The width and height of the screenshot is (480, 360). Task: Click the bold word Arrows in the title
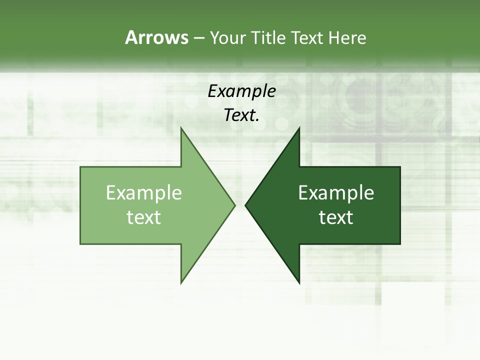[156, 37]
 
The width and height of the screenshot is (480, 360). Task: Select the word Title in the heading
[271, 37]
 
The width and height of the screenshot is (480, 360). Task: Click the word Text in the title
[308, 37]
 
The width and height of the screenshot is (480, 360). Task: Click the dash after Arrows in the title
[198, 38]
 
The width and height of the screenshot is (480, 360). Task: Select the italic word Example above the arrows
[241, 91]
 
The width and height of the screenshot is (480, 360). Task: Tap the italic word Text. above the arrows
[241, 115]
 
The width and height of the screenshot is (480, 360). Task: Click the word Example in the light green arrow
[144, 192]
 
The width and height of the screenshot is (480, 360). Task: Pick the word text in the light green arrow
[144, 217]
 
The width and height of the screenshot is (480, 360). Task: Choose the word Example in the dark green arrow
[336, 192]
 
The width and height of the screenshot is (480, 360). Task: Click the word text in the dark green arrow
[336, 217]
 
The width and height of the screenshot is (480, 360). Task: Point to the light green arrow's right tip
[234, 205]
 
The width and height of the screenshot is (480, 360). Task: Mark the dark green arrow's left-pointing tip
[245, 205]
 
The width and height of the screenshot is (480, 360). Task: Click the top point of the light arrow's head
[181, 128]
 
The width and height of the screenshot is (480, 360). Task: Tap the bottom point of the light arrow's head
[181, 283]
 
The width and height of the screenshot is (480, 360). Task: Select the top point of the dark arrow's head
[299, 128]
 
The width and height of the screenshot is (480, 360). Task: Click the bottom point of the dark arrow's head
[299, 283]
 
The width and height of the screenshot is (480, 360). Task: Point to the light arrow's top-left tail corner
[80, 167]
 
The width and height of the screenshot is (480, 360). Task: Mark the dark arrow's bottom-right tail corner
[400, 244]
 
